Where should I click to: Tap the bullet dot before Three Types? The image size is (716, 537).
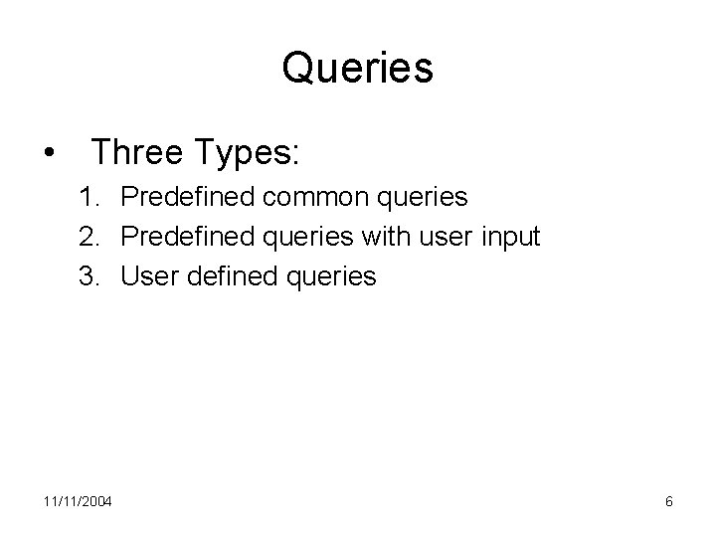[x=49, y=154]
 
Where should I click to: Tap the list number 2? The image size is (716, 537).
[x=90, y=237]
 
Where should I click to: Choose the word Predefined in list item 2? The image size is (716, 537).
[x=187, y=237]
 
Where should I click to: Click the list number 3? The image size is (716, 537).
[x=90, y=275]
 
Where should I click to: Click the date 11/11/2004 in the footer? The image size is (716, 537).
[x=79, y=501]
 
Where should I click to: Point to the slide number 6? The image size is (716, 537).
[x=669, y=501]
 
